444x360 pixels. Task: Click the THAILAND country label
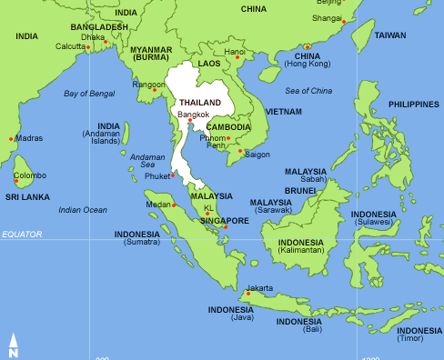200,103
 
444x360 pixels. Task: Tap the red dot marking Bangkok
190,121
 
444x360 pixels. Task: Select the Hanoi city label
234,53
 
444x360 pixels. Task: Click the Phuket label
156,176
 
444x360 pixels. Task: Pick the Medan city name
158,205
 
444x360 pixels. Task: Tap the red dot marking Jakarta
247,293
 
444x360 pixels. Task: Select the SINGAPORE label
225,221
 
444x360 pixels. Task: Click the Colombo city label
29,175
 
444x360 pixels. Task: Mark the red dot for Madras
11,139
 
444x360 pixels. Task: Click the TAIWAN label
390,35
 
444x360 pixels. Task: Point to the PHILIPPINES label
414,105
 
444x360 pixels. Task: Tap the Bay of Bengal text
88,94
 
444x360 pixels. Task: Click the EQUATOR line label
22,235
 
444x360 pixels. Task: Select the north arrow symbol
13,345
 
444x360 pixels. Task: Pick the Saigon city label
257,155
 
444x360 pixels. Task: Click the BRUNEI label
299,191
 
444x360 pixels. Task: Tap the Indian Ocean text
83,210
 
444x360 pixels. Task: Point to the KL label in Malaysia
208,208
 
